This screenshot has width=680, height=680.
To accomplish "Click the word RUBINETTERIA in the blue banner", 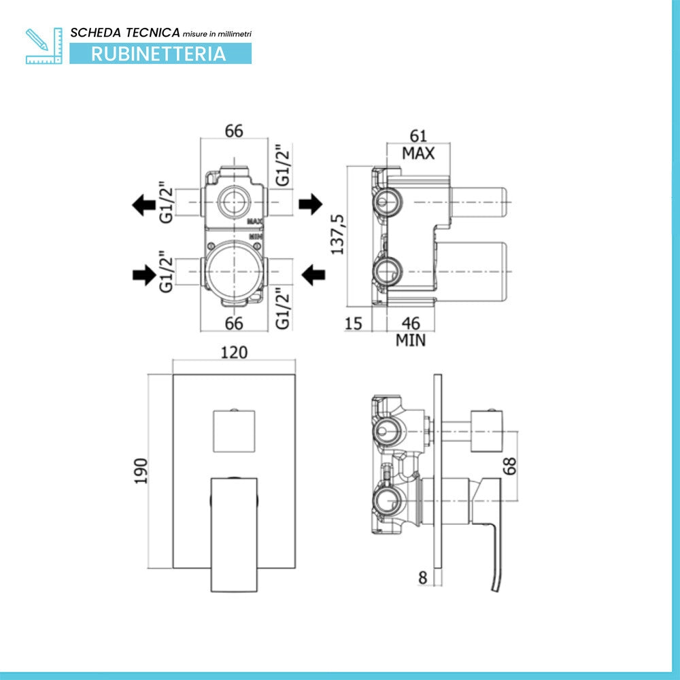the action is point(158,54).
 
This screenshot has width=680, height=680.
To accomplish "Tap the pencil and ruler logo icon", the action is point(44,46).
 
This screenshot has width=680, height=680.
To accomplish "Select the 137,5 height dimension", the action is point(337,234).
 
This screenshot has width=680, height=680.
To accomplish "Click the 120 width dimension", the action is point(234,352).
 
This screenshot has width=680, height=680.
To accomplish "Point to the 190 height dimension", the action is point(141,471).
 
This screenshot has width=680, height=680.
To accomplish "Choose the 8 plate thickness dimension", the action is point(423,577).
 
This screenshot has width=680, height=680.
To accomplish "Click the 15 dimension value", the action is point(353,324).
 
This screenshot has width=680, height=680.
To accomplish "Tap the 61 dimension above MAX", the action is point(418,136).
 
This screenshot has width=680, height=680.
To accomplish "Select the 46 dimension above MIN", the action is point(411,324).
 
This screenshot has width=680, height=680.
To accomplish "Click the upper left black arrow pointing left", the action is point(144,205).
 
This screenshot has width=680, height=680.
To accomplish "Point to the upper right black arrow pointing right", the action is point(311,204).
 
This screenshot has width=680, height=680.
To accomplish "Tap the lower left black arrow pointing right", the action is point(144,275).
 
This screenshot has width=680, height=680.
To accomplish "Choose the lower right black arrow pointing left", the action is point(313,275).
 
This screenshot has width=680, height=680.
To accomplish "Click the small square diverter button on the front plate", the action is point(234,431).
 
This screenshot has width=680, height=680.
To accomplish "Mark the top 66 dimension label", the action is point(234,131).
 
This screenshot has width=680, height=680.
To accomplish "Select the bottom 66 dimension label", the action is point(234,324).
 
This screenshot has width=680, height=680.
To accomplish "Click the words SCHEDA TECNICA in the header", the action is point(125,33).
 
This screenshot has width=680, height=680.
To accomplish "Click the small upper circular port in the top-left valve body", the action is point(234,202).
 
